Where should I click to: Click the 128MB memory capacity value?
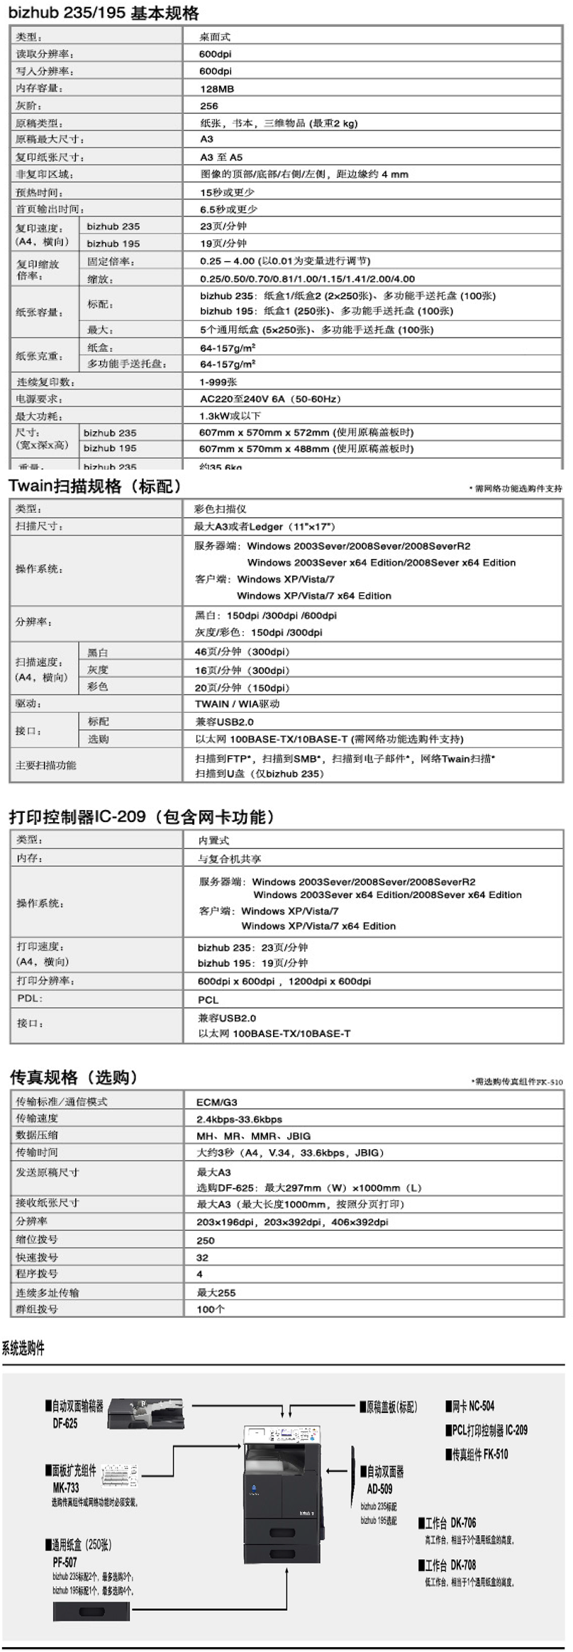coord(217,89)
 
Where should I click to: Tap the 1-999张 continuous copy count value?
coord(218,382)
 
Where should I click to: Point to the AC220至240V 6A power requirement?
coord(270,399)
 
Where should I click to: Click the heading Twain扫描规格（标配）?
coord(95,487)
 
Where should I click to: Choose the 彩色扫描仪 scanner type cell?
coord(220,509)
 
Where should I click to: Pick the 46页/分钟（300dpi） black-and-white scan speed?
coord(242,651)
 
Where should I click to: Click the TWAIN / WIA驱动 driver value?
coord(237,704)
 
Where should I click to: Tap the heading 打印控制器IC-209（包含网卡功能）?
coord(142,816)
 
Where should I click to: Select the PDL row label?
coord(30,998)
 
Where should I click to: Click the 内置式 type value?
coord(213,840)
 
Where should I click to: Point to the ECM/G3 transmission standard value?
coord(217,1102)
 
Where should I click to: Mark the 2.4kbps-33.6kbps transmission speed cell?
coord(239,1119)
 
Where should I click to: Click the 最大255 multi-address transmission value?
coord(216,1292)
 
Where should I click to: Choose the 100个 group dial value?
coord(211,1309)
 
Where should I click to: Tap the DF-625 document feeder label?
coord(65,1423)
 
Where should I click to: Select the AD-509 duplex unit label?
coord(379,1489)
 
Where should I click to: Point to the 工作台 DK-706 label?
coord(447,1523)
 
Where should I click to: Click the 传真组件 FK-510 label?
coord(477,1454)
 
